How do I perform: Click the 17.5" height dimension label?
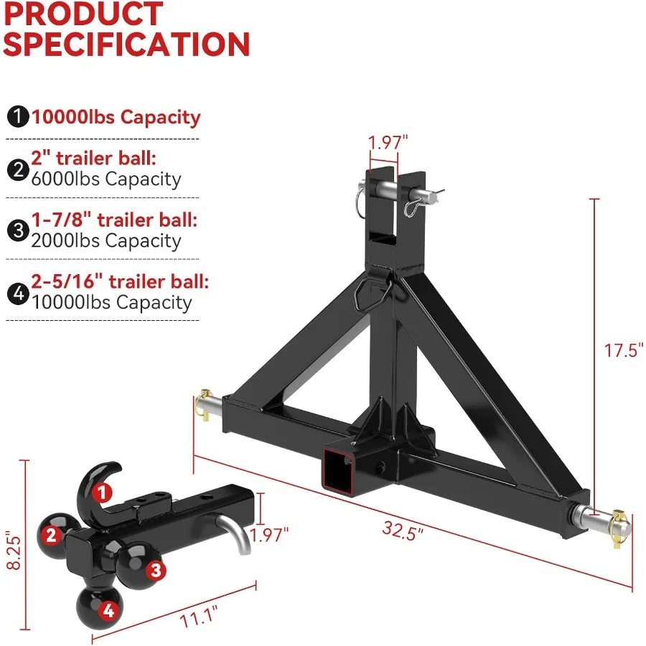point(621,351)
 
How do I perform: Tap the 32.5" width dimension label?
point(402,531)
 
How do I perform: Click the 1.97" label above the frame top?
point(388,142)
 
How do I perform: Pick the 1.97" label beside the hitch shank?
point(268,533)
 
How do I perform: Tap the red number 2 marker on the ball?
point(50,534)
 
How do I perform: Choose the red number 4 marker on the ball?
point(108,611)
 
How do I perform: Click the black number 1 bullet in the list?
point(17,117)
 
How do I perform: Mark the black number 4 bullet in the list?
point(17,292)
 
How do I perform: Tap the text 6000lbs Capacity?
point(106,179)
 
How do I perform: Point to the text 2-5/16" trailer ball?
point(120,281)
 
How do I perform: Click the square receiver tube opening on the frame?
point(340,469)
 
